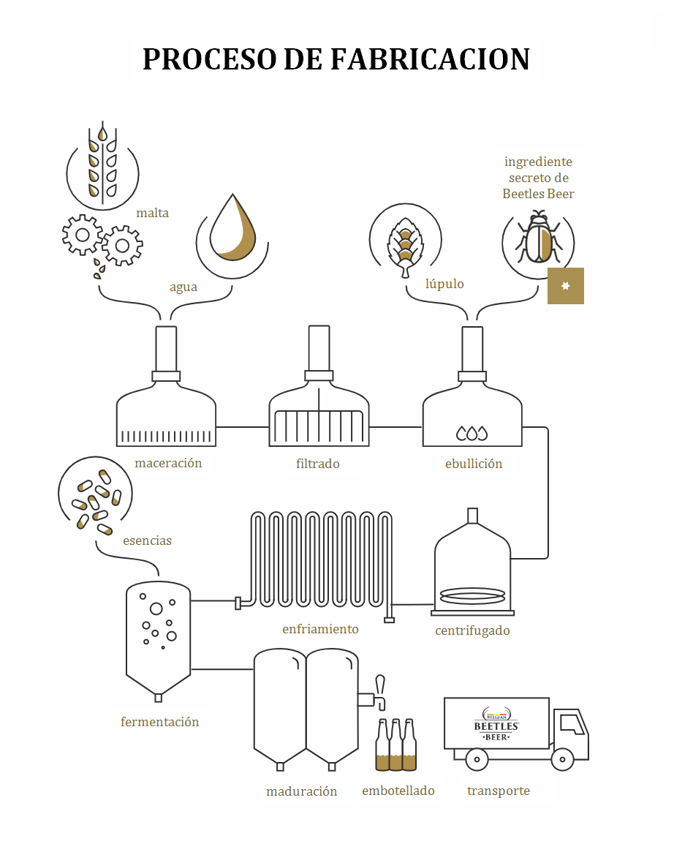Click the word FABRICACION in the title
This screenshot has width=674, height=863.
[430, 59]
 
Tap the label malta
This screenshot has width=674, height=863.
[152, 213]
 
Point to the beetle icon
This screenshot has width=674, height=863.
[537, 237]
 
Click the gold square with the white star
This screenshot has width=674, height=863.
[566, 286]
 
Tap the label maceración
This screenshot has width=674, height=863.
[168, 464]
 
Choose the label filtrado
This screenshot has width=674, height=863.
[317, 464]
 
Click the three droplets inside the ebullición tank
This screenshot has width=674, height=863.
[472, 434]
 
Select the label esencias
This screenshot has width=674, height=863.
[147, 541]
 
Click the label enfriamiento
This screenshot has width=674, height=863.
[320, 629]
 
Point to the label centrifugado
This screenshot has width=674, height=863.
[472, 630]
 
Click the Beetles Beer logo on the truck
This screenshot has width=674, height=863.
[496, 724]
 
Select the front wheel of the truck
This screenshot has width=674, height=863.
[562, 760]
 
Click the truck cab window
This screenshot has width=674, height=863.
[572, 724]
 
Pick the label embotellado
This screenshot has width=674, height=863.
[398, 791]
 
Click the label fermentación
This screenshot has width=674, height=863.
[159, 722]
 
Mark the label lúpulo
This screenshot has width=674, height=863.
[444, 284]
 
